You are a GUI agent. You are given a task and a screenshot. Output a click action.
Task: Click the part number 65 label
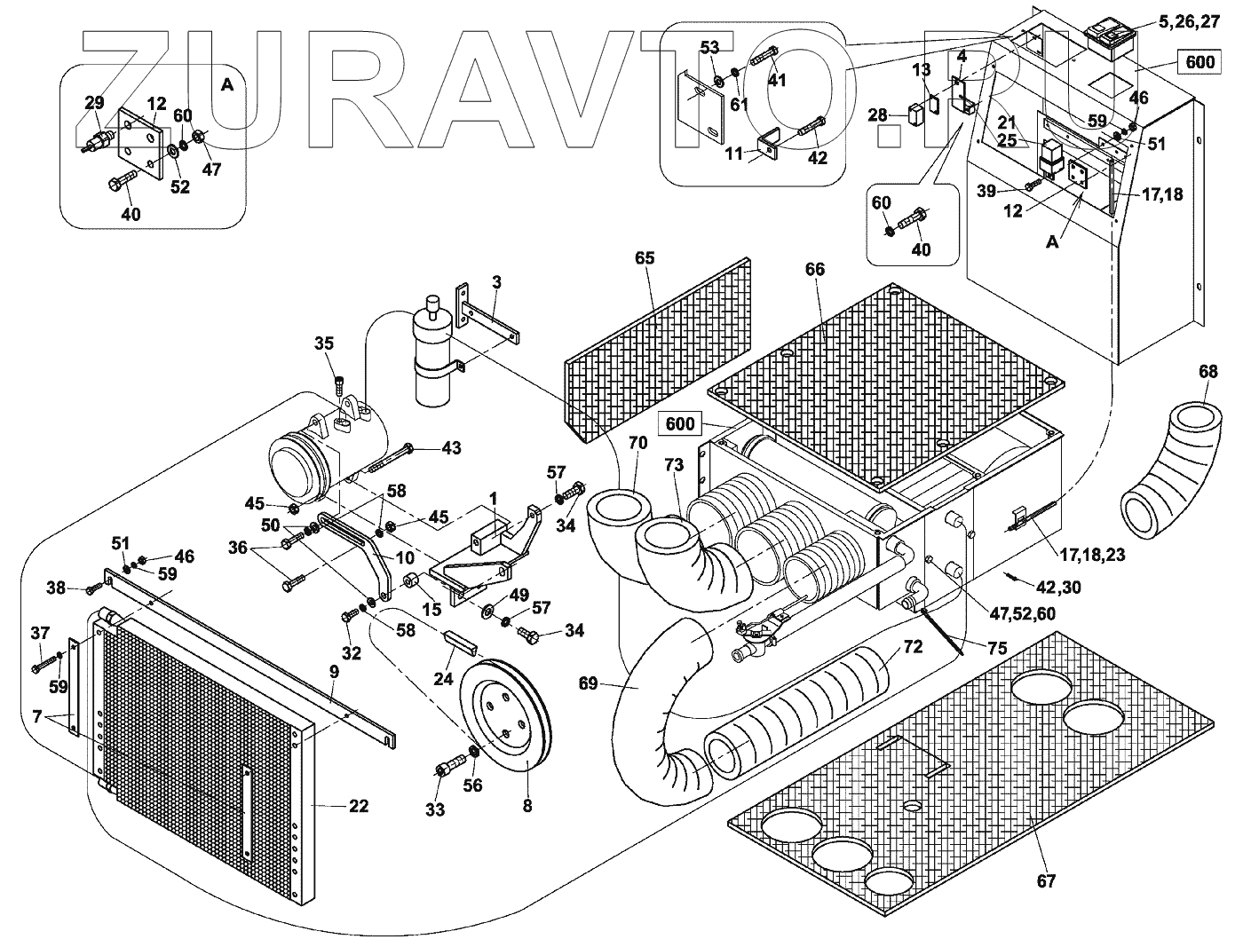644,258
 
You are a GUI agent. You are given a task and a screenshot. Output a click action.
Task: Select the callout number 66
815,268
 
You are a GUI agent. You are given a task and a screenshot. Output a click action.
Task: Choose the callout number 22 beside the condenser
359,806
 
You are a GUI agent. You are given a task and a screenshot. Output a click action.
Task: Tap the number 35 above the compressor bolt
324,343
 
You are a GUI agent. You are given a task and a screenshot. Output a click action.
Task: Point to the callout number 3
496,282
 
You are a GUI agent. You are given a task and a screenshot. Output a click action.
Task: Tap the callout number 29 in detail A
94,103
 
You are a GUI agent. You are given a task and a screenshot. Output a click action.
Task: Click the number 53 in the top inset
709,48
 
